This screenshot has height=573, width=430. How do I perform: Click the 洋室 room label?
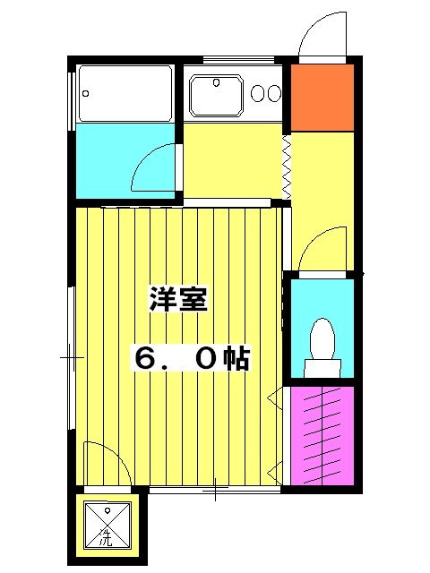pyautogui.click(x=178, y=300)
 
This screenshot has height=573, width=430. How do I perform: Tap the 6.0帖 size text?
pyautogui.click(x=192, y=358)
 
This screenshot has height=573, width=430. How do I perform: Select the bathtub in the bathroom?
pyautogui.click(x=125, y=92)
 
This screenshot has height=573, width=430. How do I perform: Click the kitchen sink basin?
pyautogui.click(x=217, y=94)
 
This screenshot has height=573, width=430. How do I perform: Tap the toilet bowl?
pyautogui.click(x=321, y=340)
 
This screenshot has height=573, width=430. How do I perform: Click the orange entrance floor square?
pyautogui.click(x=322, y=97)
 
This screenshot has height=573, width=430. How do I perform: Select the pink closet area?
pyautogui.click(x=321, y=436)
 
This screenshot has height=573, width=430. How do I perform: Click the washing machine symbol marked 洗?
pyautogui.click(x=106, y=524)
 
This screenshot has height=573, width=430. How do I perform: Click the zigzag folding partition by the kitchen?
pyautogui.click(x=288, y=167)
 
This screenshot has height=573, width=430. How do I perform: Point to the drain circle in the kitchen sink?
pyautogui.click(x=217, y=85)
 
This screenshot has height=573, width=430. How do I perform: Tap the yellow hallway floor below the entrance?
pyautogui.click(x=322, y=179)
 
